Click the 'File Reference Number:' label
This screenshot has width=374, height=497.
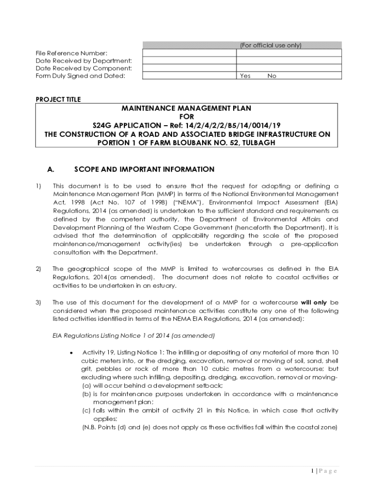click(x=71, y=53)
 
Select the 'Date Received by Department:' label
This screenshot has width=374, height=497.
click(x=84, y=61)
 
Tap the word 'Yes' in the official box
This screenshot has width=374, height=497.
click(x=245, y=76)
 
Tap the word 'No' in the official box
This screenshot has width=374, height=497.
click(x=272, y=76)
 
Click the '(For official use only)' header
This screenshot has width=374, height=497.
click(x=271, y=46)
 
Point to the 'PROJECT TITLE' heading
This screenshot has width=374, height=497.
click(x=58, y=99)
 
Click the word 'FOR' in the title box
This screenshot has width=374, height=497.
click(x=187, y=117)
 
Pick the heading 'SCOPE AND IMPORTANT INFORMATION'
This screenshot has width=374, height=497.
click(x=144, y=169)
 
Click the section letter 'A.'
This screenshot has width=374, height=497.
click(x=51, y=169)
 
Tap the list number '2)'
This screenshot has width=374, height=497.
click(x=38, y=269)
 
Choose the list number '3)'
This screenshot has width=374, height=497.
click(x=38, y=302)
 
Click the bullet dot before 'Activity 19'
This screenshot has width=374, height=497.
click(x=72, y=352)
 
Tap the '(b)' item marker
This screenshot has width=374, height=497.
click(x=86, y=394)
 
